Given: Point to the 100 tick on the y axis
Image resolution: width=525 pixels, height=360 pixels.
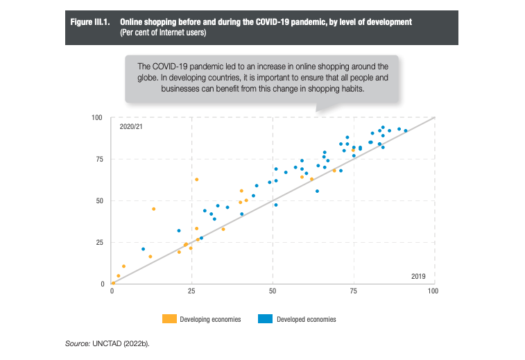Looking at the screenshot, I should [x=97, y=117].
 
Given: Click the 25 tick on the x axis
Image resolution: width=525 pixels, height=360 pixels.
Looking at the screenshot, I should [x=192, y=291].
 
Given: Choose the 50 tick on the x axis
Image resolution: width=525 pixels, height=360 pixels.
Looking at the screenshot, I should [x=273, y=291].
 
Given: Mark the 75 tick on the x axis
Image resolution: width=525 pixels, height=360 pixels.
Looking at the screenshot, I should [x=353, y=291].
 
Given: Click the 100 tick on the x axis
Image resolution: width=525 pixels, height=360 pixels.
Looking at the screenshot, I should [x=433, y=291].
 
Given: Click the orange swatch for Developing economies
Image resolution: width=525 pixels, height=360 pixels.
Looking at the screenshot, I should [x=169, y=319].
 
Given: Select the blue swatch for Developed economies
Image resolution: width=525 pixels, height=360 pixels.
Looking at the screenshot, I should [x=265, y=319].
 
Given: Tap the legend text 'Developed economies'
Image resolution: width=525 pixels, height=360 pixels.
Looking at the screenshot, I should [x=306, y=320].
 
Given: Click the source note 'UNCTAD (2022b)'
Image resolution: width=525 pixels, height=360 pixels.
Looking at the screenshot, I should [x=124, y=343].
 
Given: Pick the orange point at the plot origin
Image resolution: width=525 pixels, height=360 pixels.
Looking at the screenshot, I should [x=113, y=283].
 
